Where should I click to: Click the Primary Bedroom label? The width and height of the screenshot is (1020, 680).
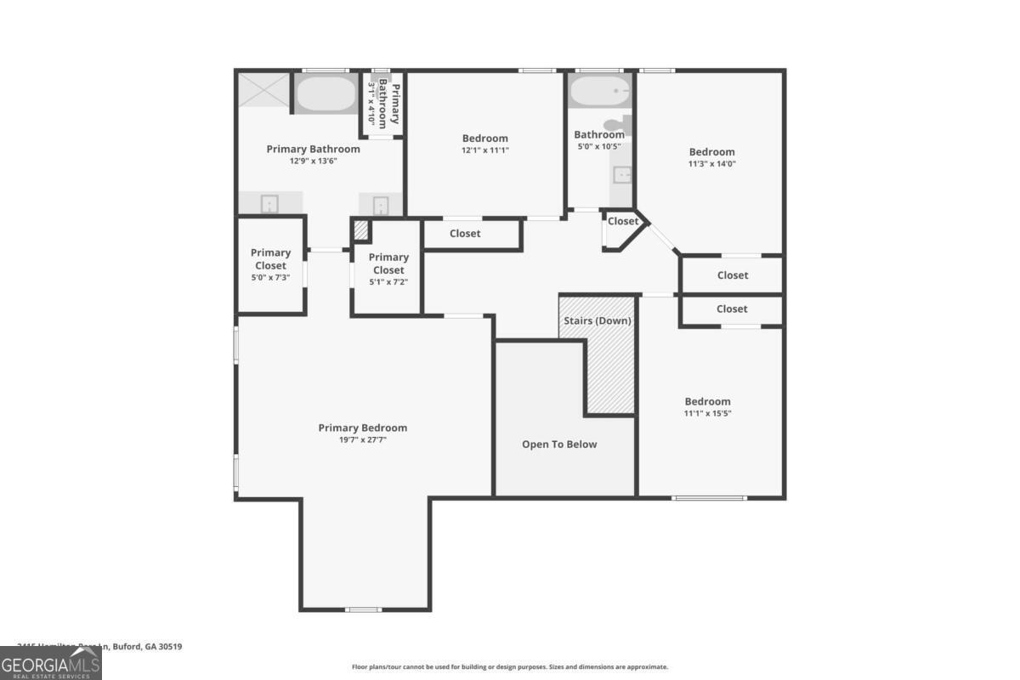[362, 428]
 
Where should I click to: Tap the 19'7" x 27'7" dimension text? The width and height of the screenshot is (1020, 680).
[362, 440]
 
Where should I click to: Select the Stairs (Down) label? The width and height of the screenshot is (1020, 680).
[597, 321]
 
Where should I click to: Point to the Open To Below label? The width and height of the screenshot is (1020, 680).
[559, 445]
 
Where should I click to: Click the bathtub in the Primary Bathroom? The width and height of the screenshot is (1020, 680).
[326, 93]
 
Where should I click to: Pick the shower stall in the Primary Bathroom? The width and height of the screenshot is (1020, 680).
[263, 89]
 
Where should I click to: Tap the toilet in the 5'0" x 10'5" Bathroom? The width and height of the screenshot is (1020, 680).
[627, 126]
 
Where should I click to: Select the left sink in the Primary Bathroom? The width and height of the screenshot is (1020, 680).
[269, 204]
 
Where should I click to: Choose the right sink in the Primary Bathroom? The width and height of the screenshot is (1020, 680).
[380, 205]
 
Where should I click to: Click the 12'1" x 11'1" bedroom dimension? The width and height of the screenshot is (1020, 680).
[484, 150]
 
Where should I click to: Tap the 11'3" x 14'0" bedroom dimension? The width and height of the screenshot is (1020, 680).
[711, 164]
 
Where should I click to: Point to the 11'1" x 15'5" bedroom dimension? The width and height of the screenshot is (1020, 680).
[708, 414]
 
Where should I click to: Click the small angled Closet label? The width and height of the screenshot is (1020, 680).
[622, 221]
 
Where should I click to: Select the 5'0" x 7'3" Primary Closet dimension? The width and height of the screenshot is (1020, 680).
[270, 277]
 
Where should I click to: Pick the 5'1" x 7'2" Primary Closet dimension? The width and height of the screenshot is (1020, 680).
[388, 282]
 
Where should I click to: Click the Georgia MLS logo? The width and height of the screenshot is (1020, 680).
[51, 663]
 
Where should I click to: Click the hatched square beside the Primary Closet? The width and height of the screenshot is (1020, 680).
[360, 230]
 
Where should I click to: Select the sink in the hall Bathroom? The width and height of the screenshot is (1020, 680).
[622, 175]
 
